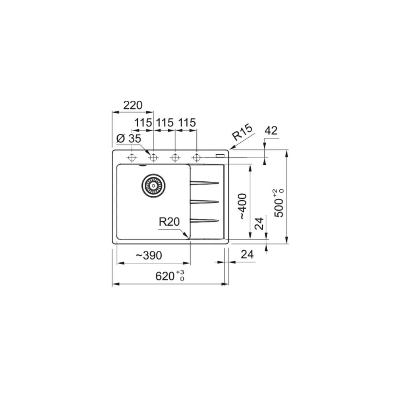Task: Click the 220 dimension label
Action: tap(133, 105)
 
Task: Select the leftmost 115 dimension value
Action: tap(143, 123)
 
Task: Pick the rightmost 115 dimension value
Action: tap(187, 123)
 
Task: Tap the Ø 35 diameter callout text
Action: tap(128, 139)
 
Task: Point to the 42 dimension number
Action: tap(271, 131)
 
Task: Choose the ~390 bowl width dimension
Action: tap(149, 255)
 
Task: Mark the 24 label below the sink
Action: tap(247, 254)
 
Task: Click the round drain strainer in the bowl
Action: tap(153, 185)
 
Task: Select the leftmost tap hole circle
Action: tap(132, 157)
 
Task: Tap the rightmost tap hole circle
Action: tap(197, 157)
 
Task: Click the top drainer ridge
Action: tap(204, 182)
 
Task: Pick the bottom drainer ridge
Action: tap(204, 220)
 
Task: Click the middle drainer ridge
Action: tap(204, 201)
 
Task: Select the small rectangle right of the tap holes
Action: tap(220, 156)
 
